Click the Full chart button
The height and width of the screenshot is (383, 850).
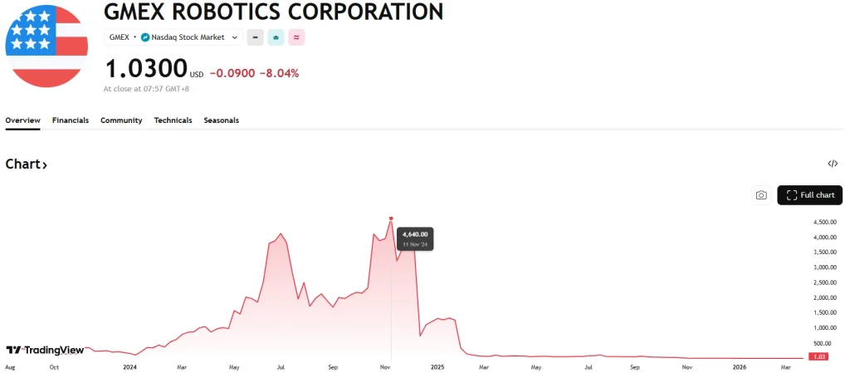(809, 195)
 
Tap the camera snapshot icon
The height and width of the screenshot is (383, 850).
(761, 195)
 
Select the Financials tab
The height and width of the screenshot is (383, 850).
(71, 120)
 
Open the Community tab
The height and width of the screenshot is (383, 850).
(121, 120)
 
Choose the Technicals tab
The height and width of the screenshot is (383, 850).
(173, 120)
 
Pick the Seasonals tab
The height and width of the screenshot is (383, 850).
(222, 120)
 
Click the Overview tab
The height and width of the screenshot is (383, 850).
(22, 120)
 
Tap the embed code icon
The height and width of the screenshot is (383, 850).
(833, 164)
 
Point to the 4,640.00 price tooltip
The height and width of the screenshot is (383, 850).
(415, 239)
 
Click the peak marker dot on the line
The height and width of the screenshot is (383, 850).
(391, 219)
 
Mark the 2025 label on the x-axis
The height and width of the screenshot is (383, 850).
(438, 366)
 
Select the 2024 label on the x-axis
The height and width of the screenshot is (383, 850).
(129, 366)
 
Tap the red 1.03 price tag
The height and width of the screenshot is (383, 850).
(818, 357)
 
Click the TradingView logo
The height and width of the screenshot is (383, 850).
(45, 351)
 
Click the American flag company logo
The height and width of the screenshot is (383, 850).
(46, 47)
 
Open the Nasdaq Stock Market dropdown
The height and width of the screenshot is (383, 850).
(191, 37)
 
